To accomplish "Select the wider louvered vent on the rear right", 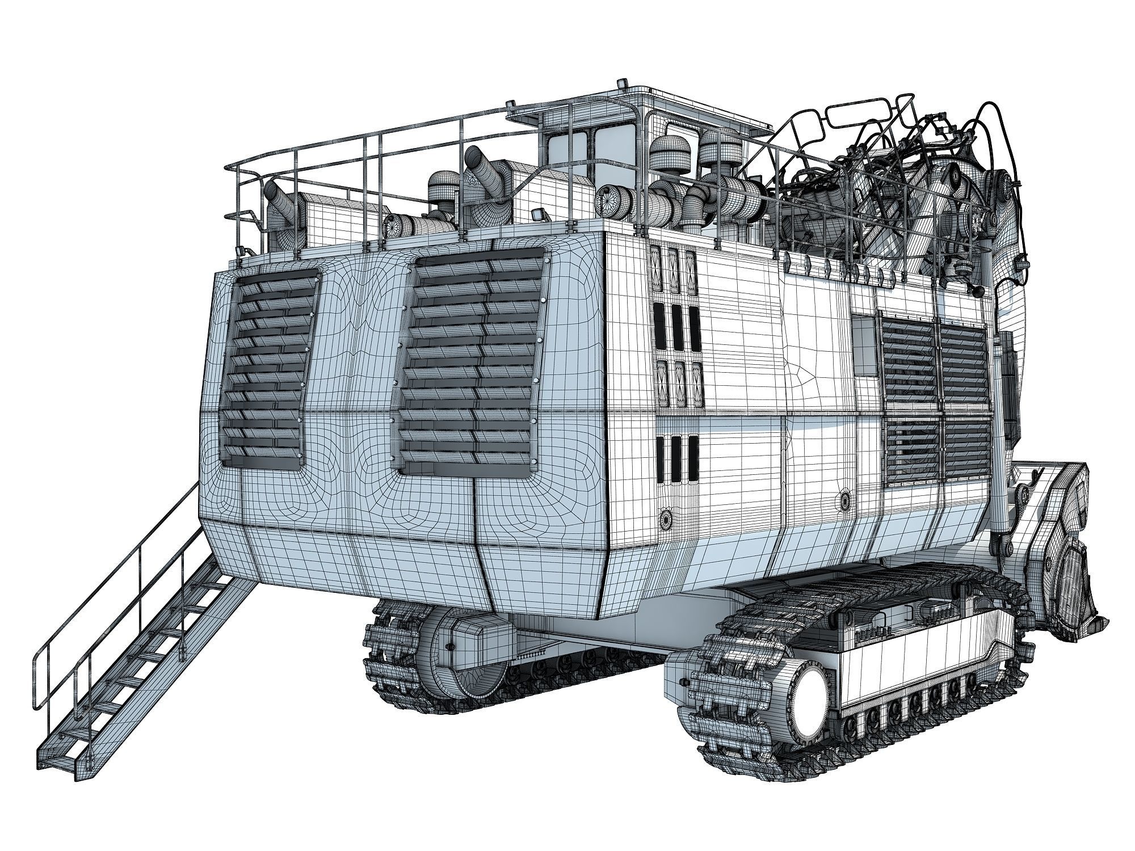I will point(471,363).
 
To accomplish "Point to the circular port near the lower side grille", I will point(846,499).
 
